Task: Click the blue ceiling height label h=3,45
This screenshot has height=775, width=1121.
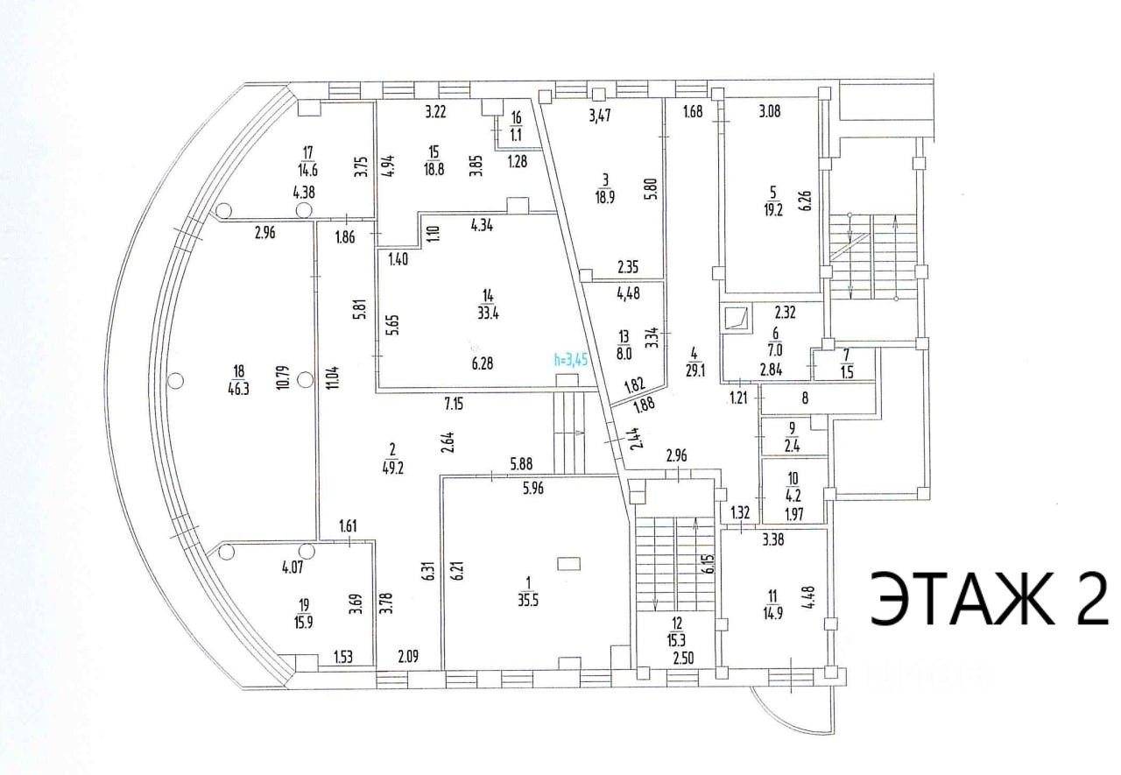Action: (570, 357)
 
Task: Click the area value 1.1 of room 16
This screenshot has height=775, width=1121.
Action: (516, 134)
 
